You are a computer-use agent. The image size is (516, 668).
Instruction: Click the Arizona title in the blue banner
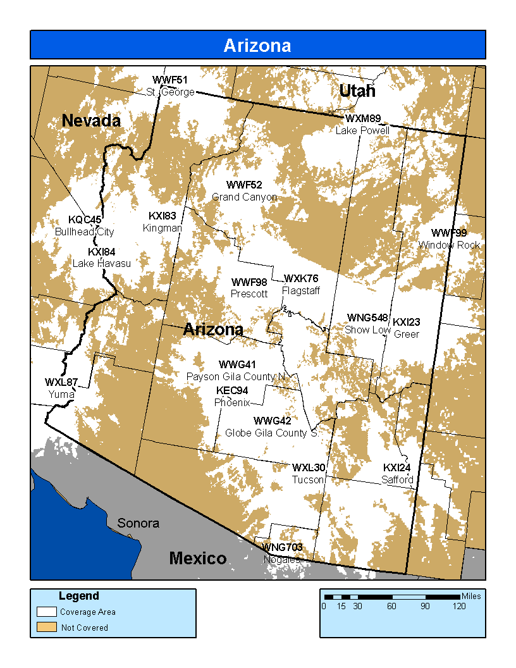tap(257, 46)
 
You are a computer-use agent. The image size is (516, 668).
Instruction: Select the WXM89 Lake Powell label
tap(362, 124)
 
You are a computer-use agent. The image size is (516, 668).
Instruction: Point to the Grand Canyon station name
tap(244, 197)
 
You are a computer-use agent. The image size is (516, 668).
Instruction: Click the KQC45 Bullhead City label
tap(85, 226)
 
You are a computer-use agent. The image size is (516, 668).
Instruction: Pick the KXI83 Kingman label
tap(163, 221)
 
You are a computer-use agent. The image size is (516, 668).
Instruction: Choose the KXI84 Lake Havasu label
tap(102, 257)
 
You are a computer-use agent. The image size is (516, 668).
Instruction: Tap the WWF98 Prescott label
tap(249, 288)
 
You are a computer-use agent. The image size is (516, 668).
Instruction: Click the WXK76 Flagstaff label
tap(301, 285)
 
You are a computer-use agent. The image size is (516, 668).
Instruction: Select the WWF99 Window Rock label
tap(449, 239)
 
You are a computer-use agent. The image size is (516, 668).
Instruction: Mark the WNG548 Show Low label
tap(367, 324)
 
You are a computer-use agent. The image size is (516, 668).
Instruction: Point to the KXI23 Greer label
tap(407, 328)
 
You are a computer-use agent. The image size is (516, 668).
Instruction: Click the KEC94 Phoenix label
tap(232, 396)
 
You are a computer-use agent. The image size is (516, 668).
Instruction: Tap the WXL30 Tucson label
tap(309, 474)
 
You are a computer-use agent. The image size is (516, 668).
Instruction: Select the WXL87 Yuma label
tap(61, 388)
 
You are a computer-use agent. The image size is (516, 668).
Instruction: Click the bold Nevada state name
tap(91, 120)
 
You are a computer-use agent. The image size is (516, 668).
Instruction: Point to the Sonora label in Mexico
tap(138, 523)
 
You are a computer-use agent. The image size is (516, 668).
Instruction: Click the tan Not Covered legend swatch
tap(46, 628)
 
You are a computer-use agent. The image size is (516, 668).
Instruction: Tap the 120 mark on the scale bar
tap(458, 606)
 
